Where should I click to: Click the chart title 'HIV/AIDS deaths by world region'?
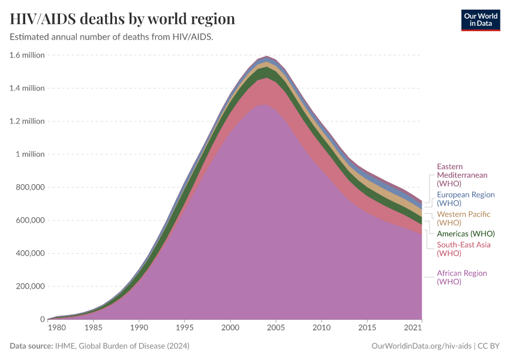(122, 19)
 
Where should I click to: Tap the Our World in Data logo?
(480, 19)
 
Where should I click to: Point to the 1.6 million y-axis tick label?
(27, 55)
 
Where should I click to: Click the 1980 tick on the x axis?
(57, 328)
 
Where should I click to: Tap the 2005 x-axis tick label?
(275, 328)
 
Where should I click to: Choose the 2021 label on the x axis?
(413, 328)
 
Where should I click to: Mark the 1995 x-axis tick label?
(185, 328)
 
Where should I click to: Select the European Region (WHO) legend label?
(466, 199)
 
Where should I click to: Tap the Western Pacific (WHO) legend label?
(463, 218)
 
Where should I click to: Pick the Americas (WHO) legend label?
(466, 233)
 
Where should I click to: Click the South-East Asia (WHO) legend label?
(463, 248)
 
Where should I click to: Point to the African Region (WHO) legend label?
(461, 277)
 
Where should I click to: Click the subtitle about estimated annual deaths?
(112, 37)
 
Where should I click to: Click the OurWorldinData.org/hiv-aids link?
(421, 346)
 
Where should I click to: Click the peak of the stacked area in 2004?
(266, 56)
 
